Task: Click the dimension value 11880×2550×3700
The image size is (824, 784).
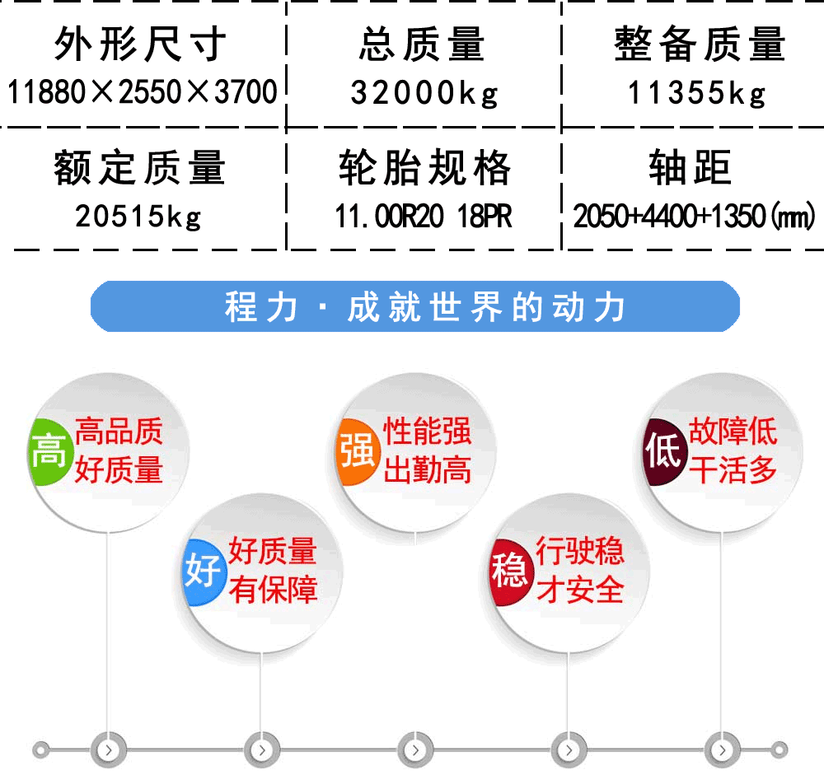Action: [142, 92]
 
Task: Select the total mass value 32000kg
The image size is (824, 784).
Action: [424, 94]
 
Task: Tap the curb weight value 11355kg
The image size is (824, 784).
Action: [697, 94]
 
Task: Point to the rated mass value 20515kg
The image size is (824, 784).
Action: [138, 217]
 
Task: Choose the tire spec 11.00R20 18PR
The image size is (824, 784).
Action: [424, 217]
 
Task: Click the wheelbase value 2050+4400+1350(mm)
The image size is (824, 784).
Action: [694, 217]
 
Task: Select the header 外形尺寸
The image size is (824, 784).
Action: [140, 44]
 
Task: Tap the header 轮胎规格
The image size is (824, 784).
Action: [424, 167]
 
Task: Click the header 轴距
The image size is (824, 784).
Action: [690, 167]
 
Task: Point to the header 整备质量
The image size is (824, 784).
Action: [700, 44]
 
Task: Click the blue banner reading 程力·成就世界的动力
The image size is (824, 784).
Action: [415, 306]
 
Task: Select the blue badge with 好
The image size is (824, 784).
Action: [204, 572]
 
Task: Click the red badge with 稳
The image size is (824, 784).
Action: [508, 572]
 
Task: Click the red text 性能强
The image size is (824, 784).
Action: [427, 432]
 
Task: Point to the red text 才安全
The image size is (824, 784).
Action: [580, 590]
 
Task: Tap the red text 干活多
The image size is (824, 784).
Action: [733, 469]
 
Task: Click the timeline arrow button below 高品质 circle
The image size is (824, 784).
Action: [108, 750]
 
